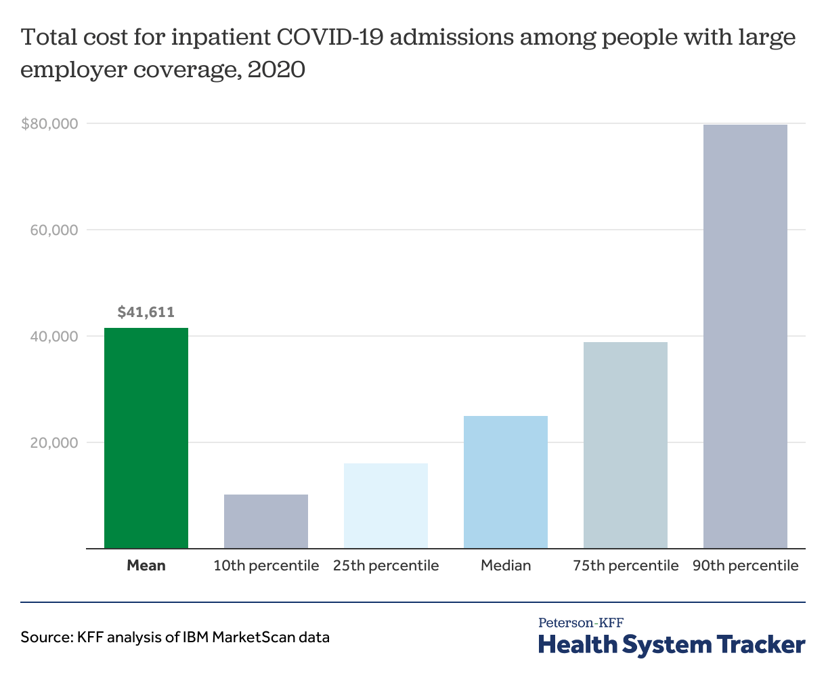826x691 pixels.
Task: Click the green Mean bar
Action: pyautogui.click(x=146, y=438)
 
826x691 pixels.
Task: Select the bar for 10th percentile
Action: pyautogui.click(x=266, y=521)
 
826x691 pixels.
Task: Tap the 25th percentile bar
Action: pyautogui.click(x=386, y=505)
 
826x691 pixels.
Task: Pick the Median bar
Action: pyautogui.click(x=506, y=482)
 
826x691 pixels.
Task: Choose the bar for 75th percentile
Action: pyautogui.click(x=626, y=445)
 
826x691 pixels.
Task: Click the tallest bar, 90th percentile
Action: pyautogui.click(x=745, y=336)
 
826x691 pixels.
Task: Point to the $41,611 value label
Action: pyautogui.click(x=146, y=312)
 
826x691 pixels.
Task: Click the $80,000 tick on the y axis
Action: pyautogui.click(x=49, y=124)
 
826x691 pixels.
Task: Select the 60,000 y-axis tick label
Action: pyautogui.click(x=54, y=230)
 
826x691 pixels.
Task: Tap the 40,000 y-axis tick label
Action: pyautogui.click(x=54, y=337)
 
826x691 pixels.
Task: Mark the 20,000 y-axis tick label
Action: pyautogui.click(x=54, y=443)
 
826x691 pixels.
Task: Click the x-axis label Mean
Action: pyautogui.click(x=146, y=566)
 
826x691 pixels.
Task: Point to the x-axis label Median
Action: pyautogui.click(x=506, y=566)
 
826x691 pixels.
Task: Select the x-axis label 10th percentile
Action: pyautogui.click(x=266, y=566)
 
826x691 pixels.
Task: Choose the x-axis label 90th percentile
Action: pyautogui.click(x=745, y=566)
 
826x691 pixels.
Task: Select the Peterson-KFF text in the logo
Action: pyautogui.click(x=580, y=623)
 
